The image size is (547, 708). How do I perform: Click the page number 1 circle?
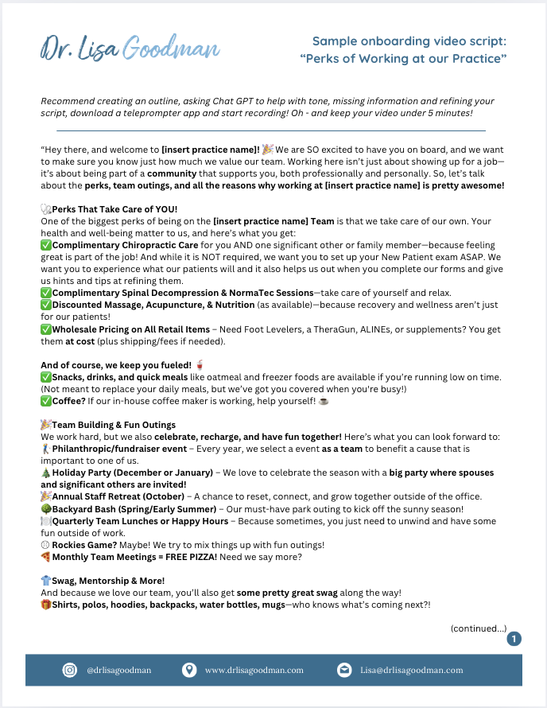pos(514,638)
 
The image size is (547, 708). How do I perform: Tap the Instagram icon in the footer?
pos(70,670)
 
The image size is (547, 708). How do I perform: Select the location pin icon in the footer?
pos(188,670)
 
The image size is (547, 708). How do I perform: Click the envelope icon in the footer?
pos(343,670)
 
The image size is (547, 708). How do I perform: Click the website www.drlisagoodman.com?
pos(254,670)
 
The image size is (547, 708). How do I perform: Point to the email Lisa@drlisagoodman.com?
pos(411,670)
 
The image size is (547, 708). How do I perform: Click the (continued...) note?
pos(479,628)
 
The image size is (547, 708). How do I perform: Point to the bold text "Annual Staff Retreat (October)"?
pos(118,496)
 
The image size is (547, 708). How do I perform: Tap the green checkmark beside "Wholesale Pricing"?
pos(45,329)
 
